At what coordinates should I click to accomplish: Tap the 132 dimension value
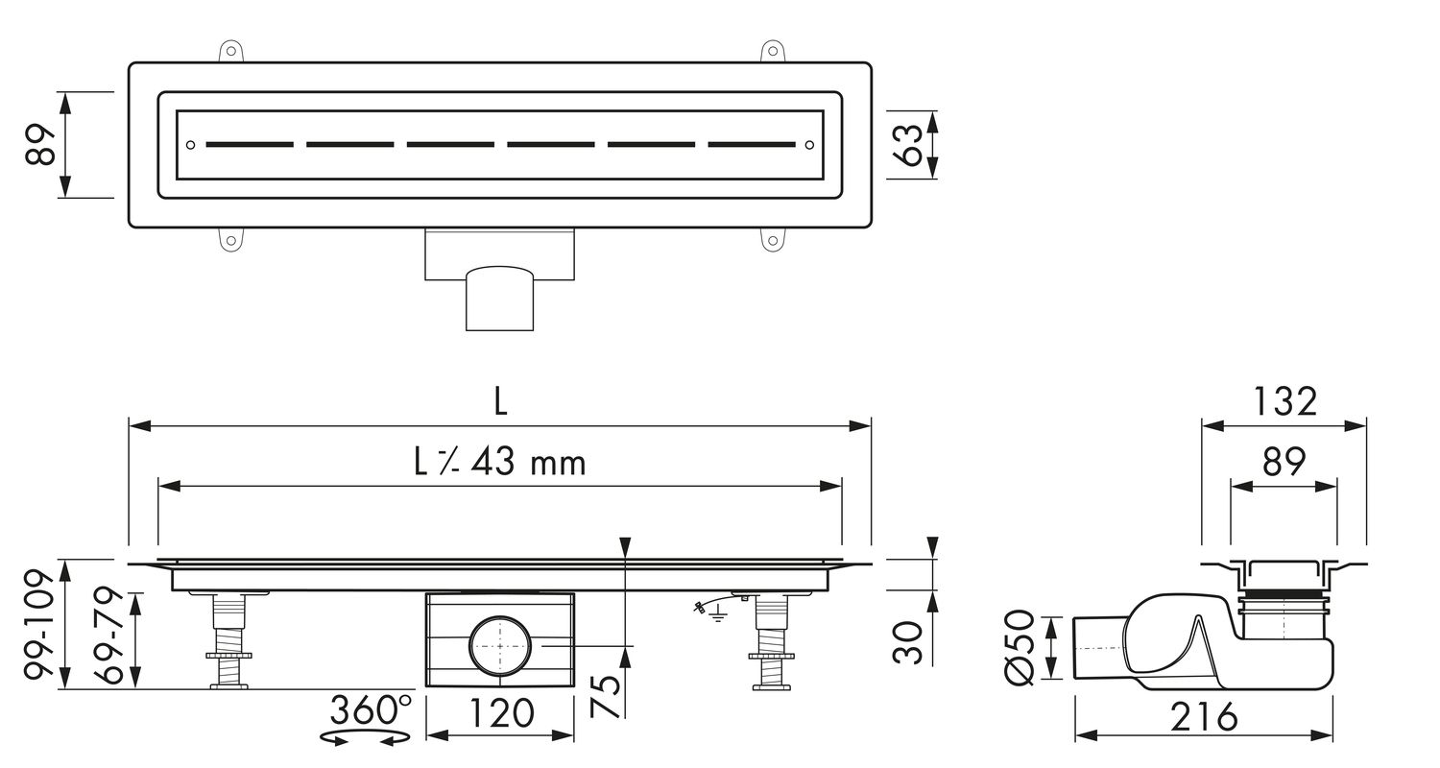pos(1285,401)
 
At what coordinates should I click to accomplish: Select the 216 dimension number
pos(1204,716)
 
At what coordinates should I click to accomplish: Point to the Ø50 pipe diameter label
pos(1020,647)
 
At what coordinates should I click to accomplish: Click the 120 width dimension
pos(501,713)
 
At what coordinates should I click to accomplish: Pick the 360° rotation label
pos(371,709)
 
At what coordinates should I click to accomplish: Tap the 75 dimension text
pos(606,695)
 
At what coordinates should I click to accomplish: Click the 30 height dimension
pos(908,642)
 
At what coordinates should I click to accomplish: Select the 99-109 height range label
pos(41,624)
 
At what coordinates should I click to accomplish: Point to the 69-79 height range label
pos(108,636)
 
